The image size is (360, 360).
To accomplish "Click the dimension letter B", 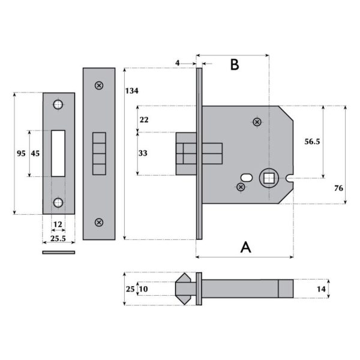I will click(x=235, y=65).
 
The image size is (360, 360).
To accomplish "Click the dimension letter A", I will click(x=245, y=247).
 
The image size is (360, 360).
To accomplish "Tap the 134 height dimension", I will click(x=131, y=91).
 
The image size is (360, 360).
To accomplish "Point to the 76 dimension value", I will click(x=338, y=188).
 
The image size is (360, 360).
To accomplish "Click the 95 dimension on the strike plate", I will click(x=21, y=154).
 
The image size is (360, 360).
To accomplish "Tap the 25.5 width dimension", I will click(x=58, y=238).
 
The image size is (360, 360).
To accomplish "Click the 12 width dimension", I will click(x=58, y=224).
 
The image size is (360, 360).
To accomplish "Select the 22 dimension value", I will click(x=143, y=119).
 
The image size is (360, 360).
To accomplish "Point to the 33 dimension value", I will click(x=143, y=154).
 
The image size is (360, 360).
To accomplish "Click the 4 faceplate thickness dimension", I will click(x=178, y=62).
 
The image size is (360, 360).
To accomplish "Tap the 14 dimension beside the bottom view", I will click(x=322, y=289).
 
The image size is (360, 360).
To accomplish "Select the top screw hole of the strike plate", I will click(x=58, y=105).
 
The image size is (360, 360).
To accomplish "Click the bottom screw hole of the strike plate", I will click(x=58, y=202).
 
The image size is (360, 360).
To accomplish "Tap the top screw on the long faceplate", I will click(x=98, y=85).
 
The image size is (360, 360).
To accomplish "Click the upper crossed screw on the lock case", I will click(x=257, y=122).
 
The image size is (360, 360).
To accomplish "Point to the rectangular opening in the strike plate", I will click(x=58, y=153).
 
